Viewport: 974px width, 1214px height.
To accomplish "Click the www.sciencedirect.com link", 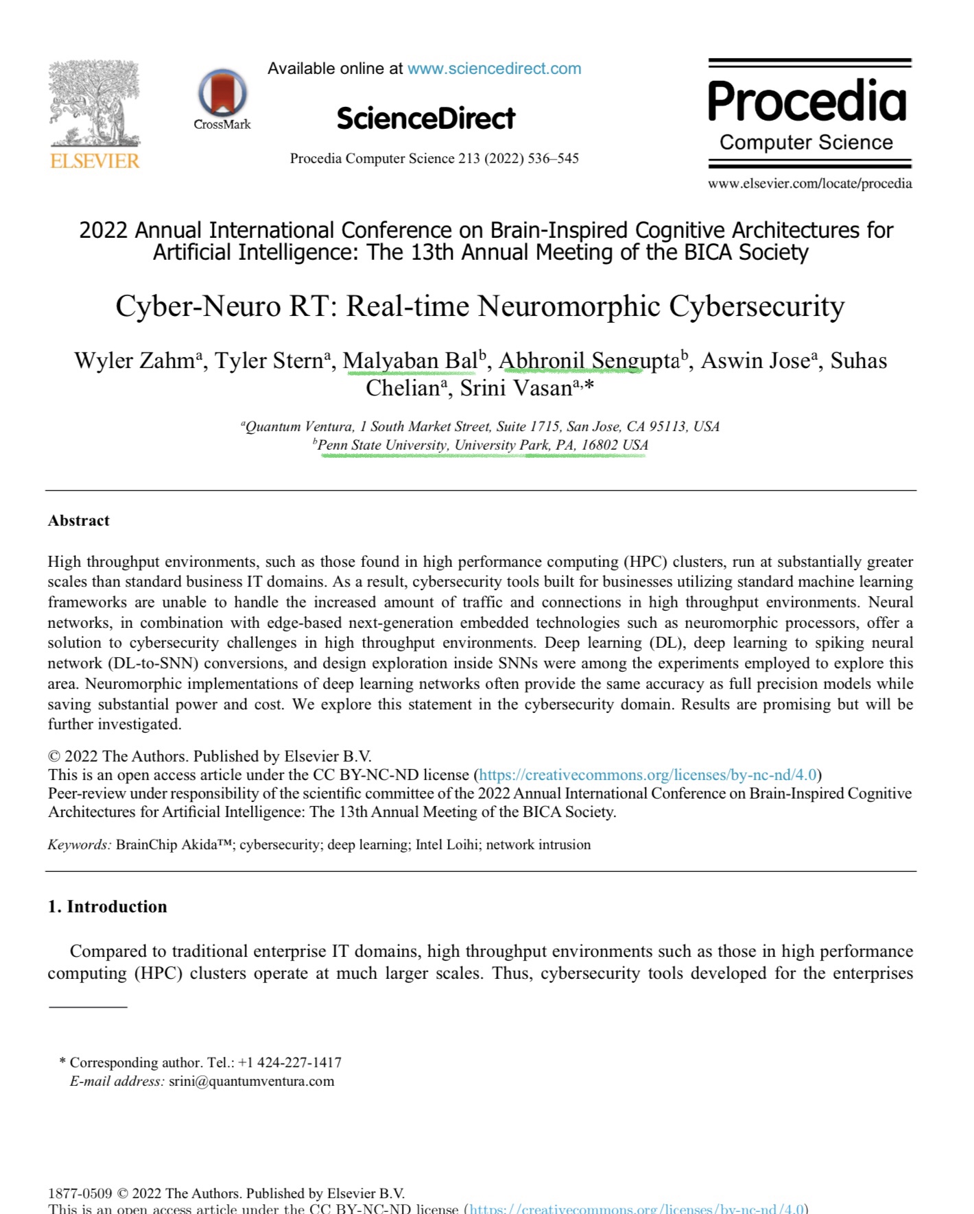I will pos(494,69).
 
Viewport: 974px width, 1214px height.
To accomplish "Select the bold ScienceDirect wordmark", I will pos(425,119).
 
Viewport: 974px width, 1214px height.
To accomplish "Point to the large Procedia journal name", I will pos(807,101).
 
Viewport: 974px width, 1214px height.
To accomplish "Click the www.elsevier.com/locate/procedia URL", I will pos(809,183).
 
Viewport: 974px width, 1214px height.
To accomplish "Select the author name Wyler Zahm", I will pos(134,361).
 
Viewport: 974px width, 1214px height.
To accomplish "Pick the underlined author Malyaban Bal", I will pos(409,361).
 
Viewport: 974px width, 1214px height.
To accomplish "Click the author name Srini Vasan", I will pos(516,388).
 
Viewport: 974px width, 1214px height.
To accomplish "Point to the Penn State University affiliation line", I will pos(483,445).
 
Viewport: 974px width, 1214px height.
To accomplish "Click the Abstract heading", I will pos(79,520).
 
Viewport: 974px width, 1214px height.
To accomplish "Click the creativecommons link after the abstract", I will pos(648,775).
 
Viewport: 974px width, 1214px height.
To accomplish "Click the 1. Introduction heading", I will pos(107,906).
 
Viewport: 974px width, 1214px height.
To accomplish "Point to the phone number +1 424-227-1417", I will pos(289,1063).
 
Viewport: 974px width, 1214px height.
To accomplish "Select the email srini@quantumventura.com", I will pos(251,1081).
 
